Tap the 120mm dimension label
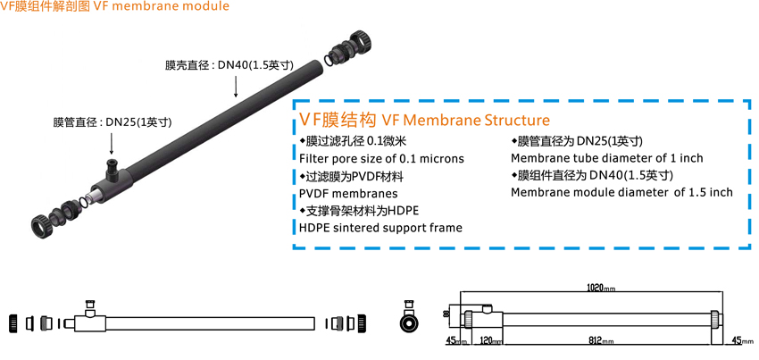click(490, 341)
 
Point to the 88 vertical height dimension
click(446, 314)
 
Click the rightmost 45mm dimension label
click(742, 340)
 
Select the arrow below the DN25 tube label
click(113, 142)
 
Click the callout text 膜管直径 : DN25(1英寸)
click(113, 121)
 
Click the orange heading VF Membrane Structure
click(424, 120)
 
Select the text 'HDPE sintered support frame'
click(380, 228)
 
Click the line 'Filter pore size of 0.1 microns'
click(381, 158)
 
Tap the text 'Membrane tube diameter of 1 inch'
click(606, 158)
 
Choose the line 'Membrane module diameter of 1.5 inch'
click(621, 192)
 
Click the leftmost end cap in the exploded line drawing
click(14, 322)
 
